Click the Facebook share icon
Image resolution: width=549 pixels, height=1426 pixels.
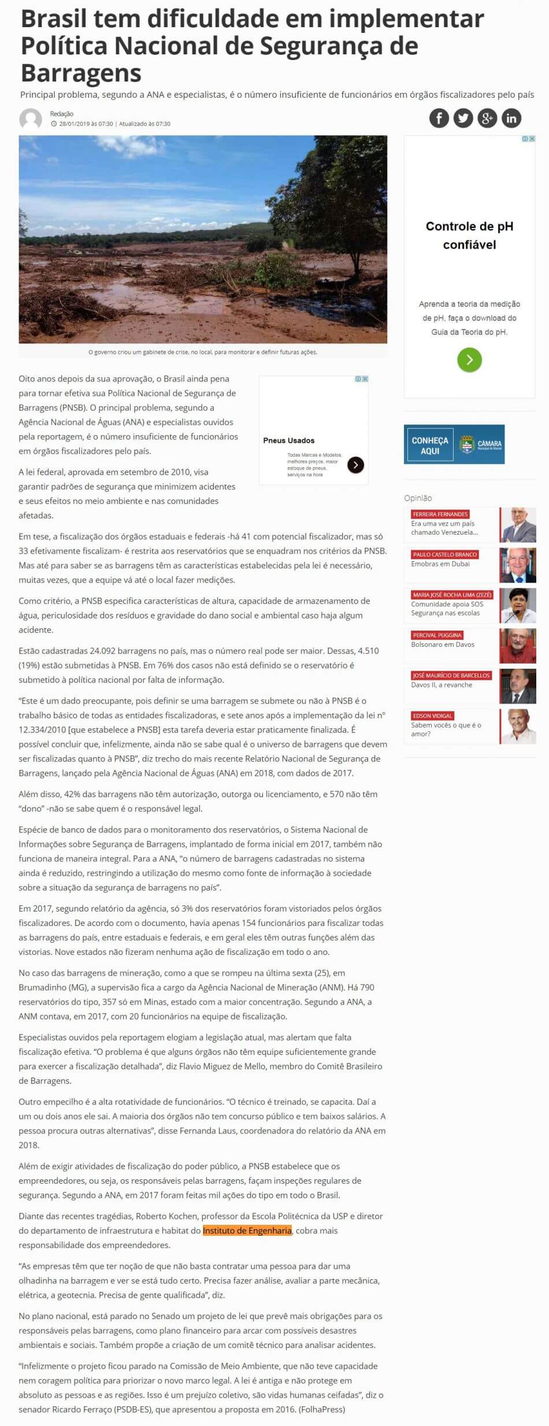point(439,118)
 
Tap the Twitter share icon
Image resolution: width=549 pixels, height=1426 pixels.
point(463,118)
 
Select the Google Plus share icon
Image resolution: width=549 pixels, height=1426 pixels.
point(487,118)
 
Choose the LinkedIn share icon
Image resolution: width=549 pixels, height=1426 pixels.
point(511,118)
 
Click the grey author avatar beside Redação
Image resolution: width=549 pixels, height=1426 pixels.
point(31,119)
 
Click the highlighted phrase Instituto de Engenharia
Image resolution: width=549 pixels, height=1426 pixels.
point(247,1231)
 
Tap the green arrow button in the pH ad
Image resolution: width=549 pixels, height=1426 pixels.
point(469,360)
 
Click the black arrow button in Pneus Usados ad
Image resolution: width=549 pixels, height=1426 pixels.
point(355,465)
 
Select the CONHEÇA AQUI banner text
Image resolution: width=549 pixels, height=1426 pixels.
point(429,445)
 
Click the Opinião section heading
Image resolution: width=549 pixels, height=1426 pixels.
point(418,498)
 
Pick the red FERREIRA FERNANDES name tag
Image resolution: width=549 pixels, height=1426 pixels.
point(440,514)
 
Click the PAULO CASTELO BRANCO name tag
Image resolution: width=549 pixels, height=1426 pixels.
point(444,554)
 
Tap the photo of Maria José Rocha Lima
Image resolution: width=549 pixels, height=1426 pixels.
point(518,605)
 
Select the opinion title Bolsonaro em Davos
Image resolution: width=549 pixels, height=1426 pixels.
point(443,645)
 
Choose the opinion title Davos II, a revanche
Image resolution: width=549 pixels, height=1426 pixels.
point(442,685)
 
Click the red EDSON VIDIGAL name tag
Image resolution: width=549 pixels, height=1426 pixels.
point(433,716)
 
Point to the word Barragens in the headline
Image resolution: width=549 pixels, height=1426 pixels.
point(81,73)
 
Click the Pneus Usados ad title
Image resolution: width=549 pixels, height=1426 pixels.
point(289,440)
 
